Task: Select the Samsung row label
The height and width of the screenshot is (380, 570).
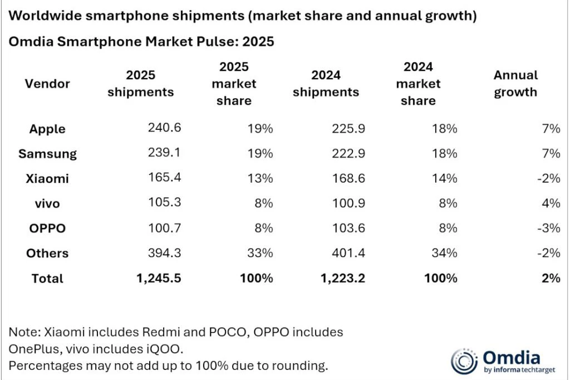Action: tap(47, 153)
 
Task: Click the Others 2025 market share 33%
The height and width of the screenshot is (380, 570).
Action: tap(260, 253)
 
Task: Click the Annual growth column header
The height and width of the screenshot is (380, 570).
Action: tap(515, 84)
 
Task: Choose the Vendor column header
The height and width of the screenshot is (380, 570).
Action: tap(47, 84)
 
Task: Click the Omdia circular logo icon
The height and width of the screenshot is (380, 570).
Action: tap(463, 360)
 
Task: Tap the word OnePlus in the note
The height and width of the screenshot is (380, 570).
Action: tap(35, 349)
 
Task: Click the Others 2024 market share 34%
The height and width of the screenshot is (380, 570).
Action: tap(444, 253)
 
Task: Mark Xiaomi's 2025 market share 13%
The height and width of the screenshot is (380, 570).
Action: tap(260, 178)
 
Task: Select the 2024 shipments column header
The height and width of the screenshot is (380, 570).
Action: tap(326, 84)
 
